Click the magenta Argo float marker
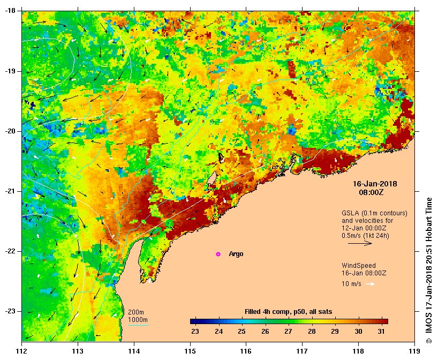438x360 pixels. tap(218, 254)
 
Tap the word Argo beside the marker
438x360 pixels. tap(236, 254)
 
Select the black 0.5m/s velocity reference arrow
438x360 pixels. tap(360, 243)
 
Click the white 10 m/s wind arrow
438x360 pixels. tap(370, 284)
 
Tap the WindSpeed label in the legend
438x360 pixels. tap(359, 266)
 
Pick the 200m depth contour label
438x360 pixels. tap(136, 312)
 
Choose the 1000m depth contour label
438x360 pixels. tap(138, 320)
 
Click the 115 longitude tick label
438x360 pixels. tap(190, 351)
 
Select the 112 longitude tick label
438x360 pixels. tap(22, 351)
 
